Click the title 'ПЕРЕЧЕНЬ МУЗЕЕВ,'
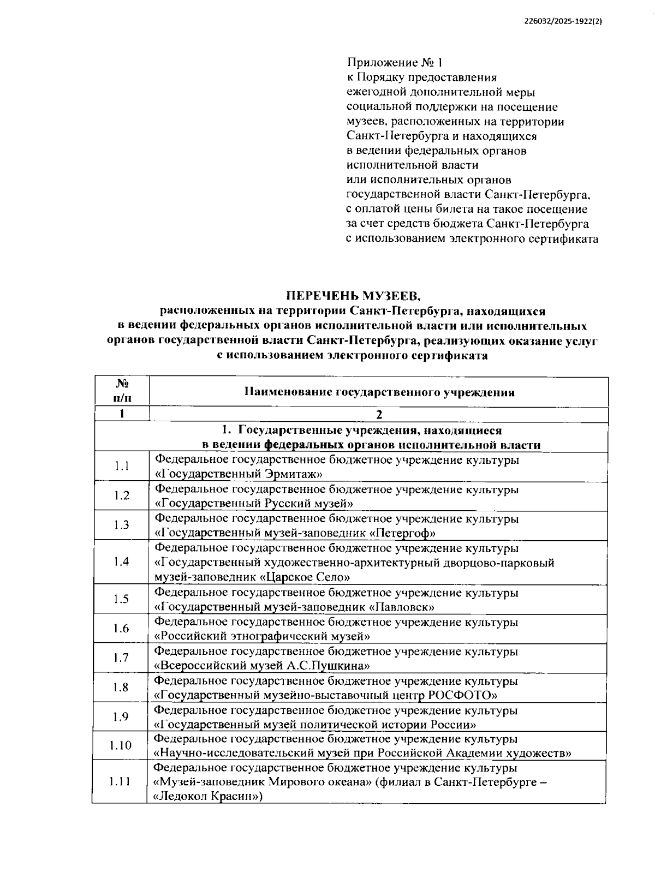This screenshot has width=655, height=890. [x=354, y=296]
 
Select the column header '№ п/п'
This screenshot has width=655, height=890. [x=122, y=391]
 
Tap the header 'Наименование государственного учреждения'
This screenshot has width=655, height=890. [x=379, y=392]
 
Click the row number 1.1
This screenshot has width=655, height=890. [x=122, y=466]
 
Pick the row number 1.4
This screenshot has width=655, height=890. [x=122, y=562]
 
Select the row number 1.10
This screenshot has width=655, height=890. [x=121, y=745]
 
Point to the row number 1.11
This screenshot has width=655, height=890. [x=120, y=782]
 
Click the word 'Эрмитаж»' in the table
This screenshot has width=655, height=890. [x=294, y=474]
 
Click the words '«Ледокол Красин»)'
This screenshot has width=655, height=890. [x=209, y=797]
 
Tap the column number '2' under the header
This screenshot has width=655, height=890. [x=379, y=415]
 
